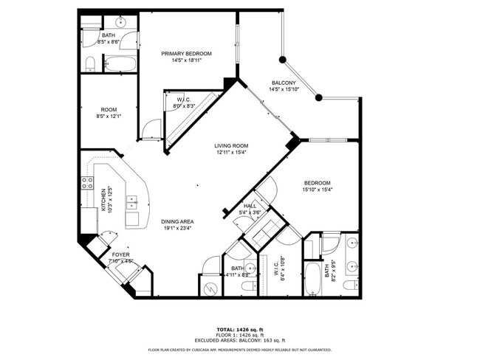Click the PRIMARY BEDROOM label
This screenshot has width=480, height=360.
point(187,54)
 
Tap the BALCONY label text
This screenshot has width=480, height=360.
point(284,83)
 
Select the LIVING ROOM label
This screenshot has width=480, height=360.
point(231,146)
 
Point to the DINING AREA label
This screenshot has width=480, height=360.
point(177,221)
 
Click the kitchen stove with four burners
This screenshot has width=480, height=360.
point(87,183)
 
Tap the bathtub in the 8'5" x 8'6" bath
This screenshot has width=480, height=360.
point(120,63)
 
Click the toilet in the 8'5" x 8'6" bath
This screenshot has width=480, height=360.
point(89,63)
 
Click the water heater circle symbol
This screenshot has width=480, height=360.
point(210,287)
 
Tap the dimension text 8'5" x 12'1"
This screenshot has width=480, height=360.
point(108,116)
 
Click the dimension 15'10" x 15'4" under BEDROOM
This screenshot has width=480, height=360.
point(317,190)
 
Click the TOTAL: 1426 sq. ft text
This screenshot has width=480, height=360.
point(239,330)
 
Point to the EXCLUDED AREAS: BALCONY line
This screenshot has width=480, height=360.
point(239,340)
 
